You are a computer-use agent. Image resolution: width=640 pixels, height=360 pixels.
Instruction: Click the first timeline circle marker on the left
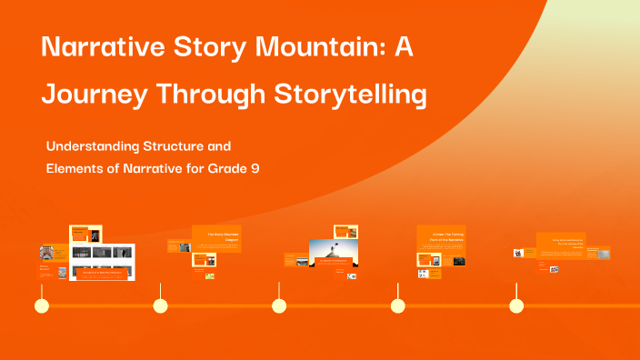tap(41, 305)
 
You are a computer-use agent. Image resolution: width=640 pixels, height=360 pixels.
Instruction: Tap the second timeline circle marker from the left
tap(160, 305)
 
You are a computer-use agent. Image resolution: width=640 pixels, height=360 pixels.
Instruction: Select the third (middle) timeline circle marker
tap(279, 305)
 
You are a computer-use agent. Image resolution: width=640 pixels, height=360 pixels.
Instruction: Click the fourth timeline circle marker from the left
tap(397, 305)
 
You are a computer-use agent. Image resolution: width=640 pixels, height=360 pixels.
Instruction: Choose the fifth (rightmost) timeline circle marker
tap(516, 305)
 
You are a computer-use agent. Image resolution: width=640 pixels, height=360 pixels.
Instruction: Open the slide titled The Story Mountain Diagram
tap(216, 237)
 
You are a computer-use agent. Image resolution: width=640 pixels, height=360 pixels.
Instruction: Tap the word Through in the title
tap(223, 94)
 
